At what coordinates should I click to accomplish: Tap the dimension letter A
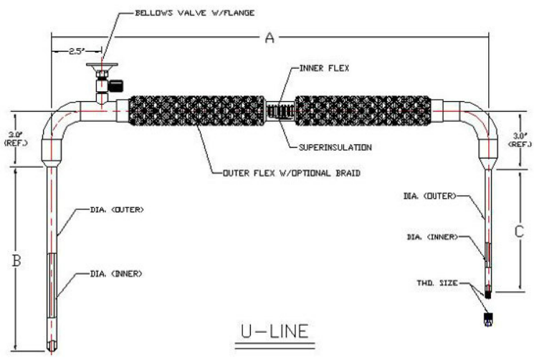click(270, 39)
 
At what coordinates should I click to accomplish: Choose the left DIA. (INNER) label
click(116, 273)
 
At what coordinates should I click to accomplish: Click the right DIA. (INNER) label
click(432, 237)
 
